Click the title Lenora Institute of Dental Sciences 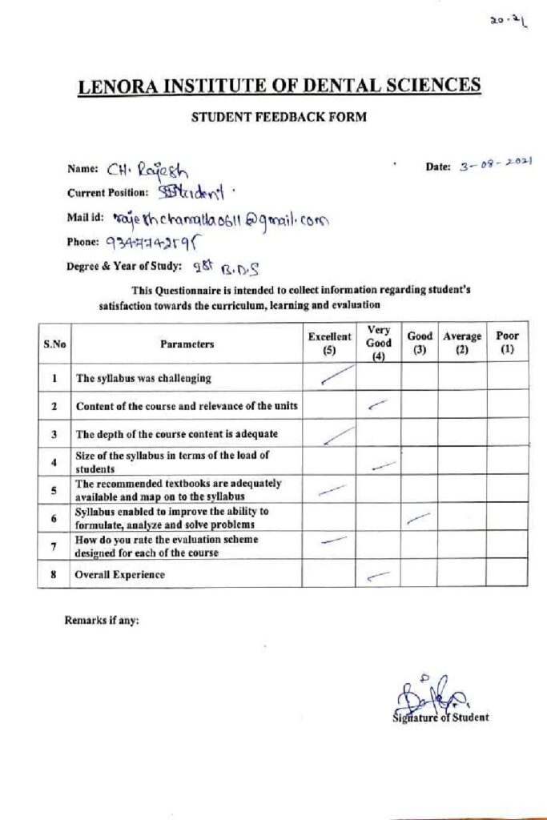[280, 86]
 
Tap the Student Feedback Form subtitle [279, 117]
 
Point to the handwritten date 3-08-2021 [496, 166]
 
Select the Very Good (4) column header [379, 344]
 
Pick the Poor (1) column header [507, 344]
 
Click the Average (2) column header [462, 344]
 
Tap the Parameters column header [187, 344]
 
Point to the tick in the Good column [419, 520]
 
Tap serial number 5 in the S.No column [54, 491]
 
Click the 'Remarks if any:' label [102, 620]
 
